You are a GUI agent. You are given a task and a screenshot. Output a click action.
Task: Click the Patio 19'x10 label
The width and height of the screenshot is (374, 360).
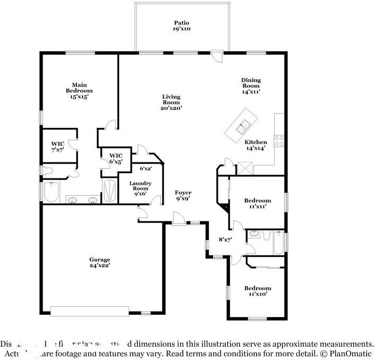pos(182,26)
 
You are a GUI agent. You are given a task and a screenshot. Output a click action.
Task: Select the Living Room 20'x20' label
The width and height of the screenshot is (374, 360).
pos(172,102)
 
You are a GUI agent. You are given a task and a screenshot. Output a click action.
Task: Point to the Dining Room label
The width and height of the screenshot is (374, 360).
pos(251,85)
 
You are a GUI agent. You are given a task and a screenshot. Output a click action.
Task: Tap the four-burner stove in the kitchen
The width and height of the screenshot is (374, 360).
pos(278,141)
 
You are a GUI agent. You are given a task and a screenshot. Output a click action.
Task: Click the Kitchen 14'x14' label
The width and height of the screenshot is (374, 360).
pos(256,145)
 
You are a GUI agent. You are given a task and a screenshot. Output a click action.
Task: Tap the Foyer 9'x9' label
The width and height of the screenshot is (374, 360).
pos(183,195)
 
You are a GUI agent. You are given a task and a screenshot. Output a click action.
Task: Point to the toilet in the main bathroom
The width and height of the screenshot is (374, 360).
pos(48,171)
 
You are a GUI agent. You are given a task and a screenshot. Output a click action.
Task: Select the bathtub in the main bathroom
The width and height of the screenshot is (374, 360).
pos(52,192)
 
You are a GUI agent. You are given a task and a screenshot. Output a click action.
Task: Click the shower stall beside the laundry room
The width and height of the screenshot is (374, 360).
pos(109,191)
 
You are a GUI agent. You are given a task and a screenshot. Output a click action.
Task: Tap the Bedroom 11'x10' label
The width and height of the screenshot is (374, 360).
pos(258,291)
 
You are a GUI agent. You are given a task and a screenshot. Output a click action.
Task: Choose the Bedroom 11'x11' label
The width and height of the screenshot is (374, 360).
pos(258,203)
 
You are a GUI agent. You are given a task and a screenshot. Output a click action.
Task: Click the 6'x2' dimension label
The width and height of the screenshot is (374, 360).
pos(146,169)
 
